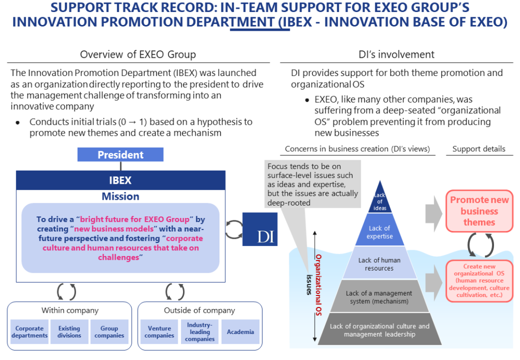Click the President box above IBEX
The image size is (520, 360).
tap(120, 155)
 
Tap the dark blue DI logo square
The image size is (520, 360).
tap(259, 229)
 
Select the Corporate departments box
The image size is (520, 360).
tap(29, 332)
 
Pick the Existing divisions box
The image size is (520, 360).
tap(69, 332)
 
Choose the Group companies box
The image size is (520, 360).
tap(109, 332)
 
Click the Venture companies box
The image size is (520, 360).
tap(160, 332)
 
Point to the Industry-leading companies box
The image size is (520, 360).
tap(200, 332)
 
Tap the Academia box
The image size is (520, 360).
tap(240, 332)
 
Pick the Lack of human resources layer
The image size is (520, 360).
tap(380, 264)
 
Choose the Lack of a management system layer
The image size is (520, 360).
tap(380, 297)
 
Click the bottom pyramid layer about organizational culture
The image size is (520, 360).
tap(380, 330)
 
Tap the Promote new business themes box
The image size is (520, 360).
tap(479, 211)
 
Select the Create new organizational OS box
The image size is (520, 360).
tap(479, 281)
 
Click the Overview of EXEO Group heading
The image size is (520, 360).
tap(138, 55)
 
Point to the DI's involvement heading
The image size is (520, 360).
tap(397, 55)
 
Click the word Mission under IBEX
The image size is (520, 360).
tap(120, 196)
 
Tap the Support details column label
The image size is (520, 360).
tap(478, 149)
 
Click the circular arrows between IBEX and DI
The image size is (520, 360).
tap(234, 229)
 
